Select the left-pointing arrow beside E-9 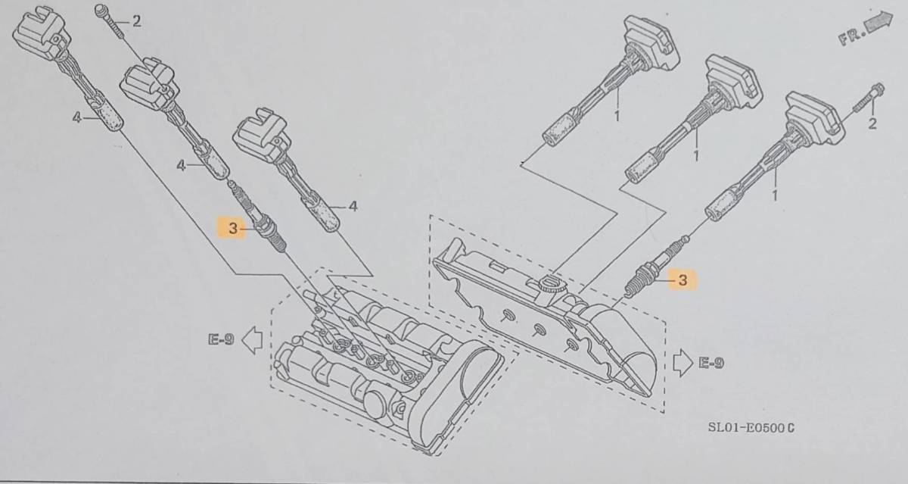252,340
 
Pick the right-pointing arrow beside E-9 683,362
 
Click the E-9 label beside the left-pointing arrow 221,340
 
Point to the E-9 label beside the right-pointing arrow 711,363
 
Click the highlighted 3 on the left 233,229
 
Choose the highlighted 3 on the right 683,280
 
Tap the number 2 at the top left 137,21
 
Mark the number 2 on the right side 872,123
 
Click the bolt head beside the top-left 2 101,11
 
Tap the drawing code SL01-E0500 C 751,427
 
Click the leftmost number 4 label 77,118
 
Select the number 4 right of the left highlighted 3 353,206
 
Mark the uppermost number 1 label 617,117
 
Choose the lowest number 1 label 774,195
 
